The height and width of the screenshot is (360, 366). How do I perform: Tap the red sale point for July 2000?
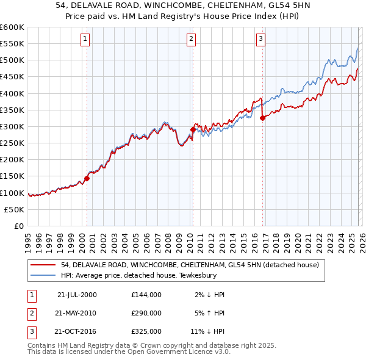(x=87, y=179)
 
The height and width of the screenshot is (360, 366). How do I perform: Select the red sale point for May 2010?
(x=193, y=130)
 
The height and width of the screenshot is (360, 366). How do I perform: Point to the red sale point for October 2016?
(x=262, y=118)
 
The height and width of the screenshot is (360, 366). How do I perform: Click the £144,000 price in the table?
(x=146, y=295)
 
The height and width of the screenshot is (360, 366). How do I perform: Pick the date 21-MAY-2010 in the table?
(x=76, y=313)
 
